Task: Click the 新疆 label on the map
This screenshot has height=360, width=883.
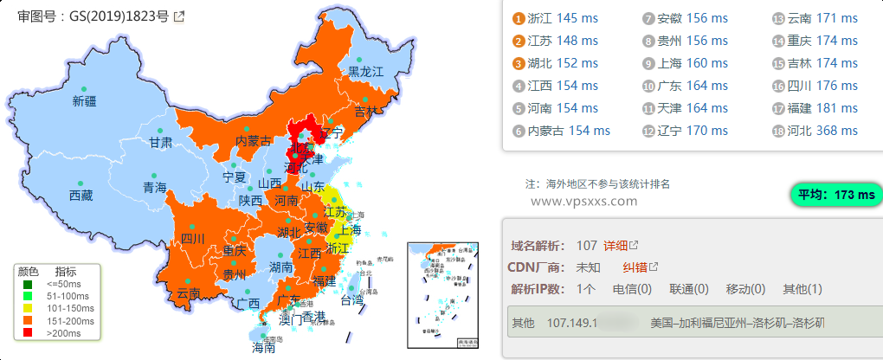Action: (x=85, y=101)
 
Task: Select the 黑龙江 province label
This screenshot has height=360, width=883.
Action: (x=365, y=72)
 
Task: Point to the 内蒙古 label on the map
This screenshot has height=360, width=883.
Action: (x=254, y=141)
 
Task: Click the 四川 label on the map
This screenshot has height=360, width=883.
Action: (x=192, y=239)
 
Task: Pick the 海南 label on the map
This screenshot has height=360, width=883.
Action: (x=263, y=349)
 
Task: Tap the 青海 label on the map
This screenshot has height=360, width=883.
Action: (x=155, y=187)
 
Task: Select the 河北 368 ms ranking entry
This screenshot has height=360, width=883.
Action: (x=822, y=131)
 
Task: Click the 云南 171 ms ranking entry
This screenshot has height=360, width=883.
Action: (x=822, y=18)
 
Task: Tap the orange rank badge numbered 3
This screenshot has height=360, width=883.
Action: (x=519, y=63)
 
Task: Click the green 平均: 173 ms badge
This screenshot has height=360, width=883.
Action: (x=835, y=195)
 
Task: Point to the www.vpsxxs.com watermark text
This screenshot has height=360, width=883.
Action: (x=583, y=201)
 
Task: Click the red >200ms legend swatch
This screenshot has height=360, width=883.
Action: (x=28, y=331)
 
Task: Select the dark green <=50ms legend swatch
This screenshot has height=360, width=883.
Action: (x=28, y=283)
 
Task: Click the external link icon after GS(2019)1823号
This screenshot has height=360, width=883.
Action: (x=179, y=16)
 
